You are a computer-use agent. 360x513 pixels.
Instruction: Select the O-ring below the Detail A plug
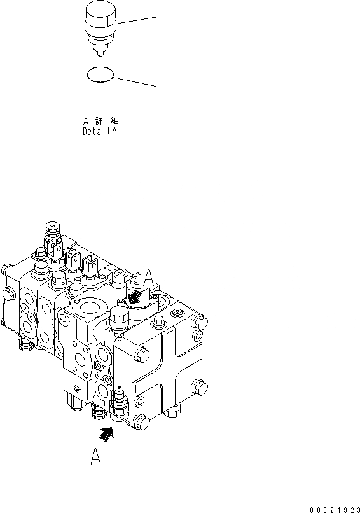[x=100, y=74]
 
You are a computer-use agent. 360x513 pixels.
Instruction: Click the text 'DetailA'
[x=100, y=132]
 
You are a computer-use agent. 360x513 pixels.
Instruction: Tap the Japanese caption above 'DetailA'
[x=101, y=121]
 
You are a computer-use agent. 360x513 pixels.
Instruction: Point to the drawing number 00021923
[x=335, y=509]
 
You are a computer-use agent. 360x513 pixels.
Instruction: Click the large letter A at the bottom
[x=95, y=456]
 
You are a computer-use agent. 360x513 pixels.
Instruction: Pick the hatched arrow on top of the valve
[x=134, y=297]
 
